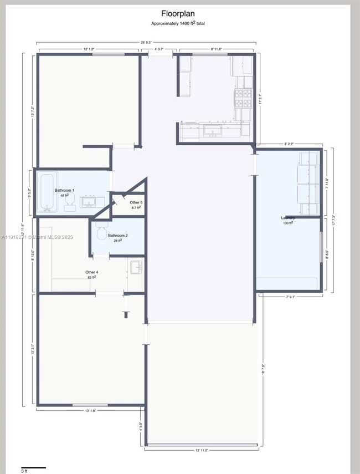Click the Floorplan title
click(x=178, y=14)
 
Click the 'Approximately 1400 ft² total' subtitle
click(x=178, y=23)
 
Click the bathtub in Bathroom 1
click(x=48, y=192)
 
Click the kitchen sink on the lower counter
click(x=212, y=130)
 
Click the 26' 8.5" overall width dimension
click(x=146, y=42)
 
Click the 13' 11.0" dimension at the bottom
click(x=202, y=450)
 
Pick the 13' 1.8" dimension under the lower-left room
click(x=91, y=411)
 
